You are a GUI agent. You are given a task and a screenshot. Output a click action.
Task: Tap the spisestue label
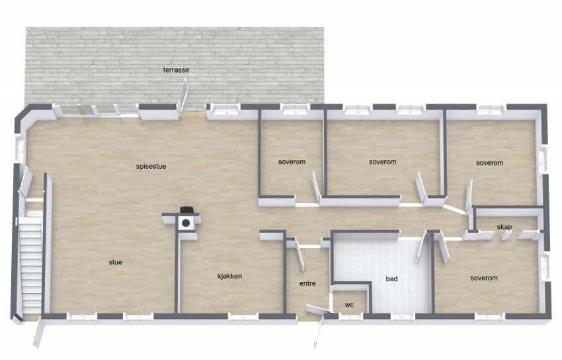(x=151, y=166)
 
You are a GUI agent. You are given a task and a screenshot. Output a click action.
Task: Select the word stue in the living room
(x=116, y=262)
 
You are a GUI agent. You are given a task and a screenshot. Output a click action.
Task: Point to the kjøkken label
(x=229, y=276)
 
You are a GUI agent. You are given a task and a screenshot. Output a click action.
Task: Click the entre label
(x=307, y=283)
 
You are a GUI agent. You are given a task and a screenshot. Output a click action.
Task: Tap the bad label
(x=392, y=279)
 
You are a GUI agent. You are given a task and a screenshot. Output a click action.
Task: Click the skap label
(x=504, y=227)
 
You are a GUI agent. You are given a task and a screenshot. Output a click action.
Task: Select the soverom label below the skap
(x=484, y=278)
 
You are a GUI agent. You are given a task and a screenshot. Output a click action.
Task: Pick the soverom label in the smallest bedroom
(x=292, y=161)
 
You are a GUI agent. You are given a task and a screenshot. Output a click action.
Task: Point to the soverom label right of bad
(x=484, y=278)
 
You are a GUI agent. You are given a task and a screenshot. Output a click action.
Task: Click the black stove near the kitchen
(x=187, y=221)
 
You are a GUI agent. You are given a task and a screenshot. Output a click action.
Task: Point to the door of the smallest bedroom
(x=317, y=193)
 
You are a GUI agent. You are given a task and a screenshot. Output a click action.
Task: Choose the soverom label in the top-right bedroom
(x=490, y=163)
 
